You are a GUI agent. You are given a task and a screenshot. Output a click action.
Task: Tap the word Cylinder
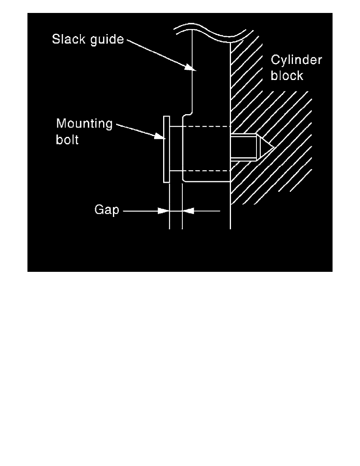point(296,60)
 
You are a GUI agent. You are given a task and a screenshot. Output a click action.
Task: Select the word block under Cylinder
point(287,75)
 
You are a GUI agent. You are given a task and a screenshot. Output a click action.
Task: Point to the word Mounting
point(84,124)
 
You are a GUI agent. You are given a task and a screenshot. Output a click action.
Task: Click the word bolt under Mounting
point(67,140)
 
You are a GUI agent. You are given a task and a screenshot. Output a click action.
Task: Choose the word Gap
point(106,211)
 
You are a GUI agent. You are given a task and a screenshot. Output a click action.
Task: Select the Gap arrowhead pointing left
point(187,211)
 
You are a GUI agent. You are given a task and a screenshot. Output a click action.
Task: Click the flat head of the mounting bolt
point(166,149)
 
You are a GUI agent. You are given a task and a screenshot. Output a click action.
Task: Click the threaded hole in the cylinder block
point(244,147)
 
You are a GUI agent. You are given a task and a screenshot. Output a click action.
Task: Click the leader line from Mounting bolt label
point(137,130)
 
